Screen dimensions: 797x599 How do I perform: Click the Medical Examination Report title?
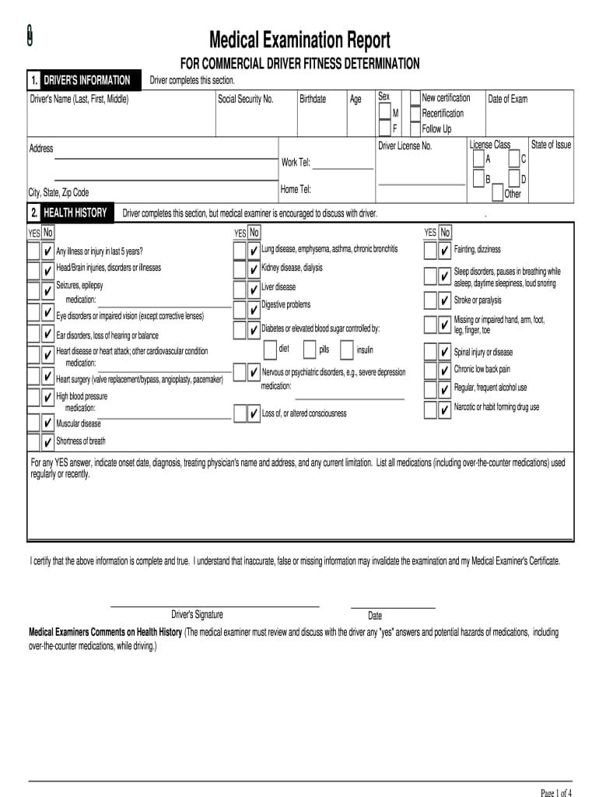pos(299,40)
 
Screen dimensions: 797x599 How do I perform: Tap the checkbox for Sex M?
pos(385,112)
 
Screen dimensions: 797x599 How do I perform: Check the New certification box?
pos(415,98)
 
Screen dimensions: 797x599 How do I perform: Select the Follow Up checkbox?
pos(415,128)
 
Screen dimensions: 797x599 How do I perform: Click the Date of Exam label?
pos(507,99)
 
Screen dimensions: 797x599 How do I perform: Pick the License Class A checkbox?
pos(478,159)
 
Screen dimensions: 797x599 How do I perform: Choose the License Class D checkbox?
pos(514,179)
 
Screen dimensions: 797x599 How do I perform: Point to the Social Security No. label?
pos(246,100)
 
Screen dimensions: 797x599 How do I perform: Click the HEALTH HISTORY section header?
pos(75,213)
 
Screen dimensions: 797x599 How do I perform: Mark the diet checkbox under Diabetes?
pos(271,349)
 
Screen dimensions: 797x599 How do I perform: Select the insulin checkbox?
pos(347,349)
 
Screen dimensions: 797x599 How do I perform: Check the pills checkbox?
pos(310,349)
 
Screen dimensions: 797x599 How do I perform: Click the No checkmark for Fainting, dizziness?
pos(444,251)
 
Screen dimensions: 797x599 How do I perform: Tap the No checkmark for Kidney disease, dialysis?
pos(254,269)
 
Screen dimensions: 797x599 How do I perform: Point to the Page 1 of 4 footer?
pos(556,793)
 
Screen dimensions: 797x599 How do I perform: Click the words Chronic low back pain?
pos(482,370)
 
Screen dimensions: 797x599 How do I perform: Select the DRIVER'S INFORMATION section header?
pos(86,80)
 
